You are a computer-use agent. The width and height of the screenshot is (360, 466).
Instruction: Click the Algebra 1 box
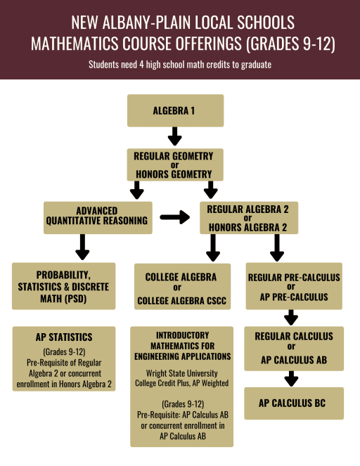[175, 110]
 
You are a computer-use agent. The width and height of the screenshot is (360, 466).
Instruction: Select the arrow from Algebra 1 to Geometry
[175, 136]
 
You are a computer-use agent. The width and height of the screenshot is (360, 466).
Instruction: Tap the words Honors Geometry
[174, 174]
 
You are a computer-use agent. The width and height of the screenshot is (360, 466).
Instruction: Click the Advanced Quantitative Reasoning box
[98, 218]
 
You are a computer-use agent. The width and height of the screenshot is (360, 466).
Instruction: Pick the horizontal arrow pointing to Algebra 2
[175, 217]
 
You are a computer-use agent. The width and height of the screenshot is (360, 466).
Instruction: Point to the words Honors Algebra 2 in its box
[247, 227]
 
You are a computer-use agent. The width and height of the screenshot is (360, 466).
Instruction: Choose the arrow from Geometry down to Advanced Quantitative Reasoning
[136, 190]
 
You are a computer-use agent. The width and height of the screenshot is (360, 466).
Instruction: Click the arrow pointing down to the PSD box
[82, 247]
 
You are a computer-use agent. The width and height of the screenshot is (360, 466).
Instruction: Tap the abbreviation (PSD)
[75, 299]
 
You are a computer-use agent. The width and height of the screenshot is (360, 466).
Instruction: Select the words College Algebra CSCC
[181, 301]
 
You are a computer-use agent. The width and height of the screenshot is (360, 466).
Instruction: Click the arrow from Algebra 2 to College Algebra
[213, 247]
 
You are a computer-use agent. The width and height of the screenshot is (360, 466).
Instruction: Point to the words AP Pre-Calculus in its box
[294, 297]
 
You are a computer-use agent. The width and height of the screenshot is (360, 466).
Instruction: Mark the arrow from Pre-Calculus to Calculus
[291, 318]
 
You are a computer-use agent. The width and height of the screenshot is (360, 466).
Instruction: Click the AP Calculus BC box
[294, 403]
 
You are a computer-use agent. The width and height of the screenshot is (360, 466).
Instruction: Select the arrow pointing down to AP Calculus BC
[291, 379]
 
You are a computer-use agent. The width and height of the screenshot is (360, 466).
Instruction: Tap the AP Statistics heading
[64, 337]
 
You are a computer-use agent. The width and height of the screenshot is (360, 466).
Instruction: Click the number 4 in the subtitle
[142, 65]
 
